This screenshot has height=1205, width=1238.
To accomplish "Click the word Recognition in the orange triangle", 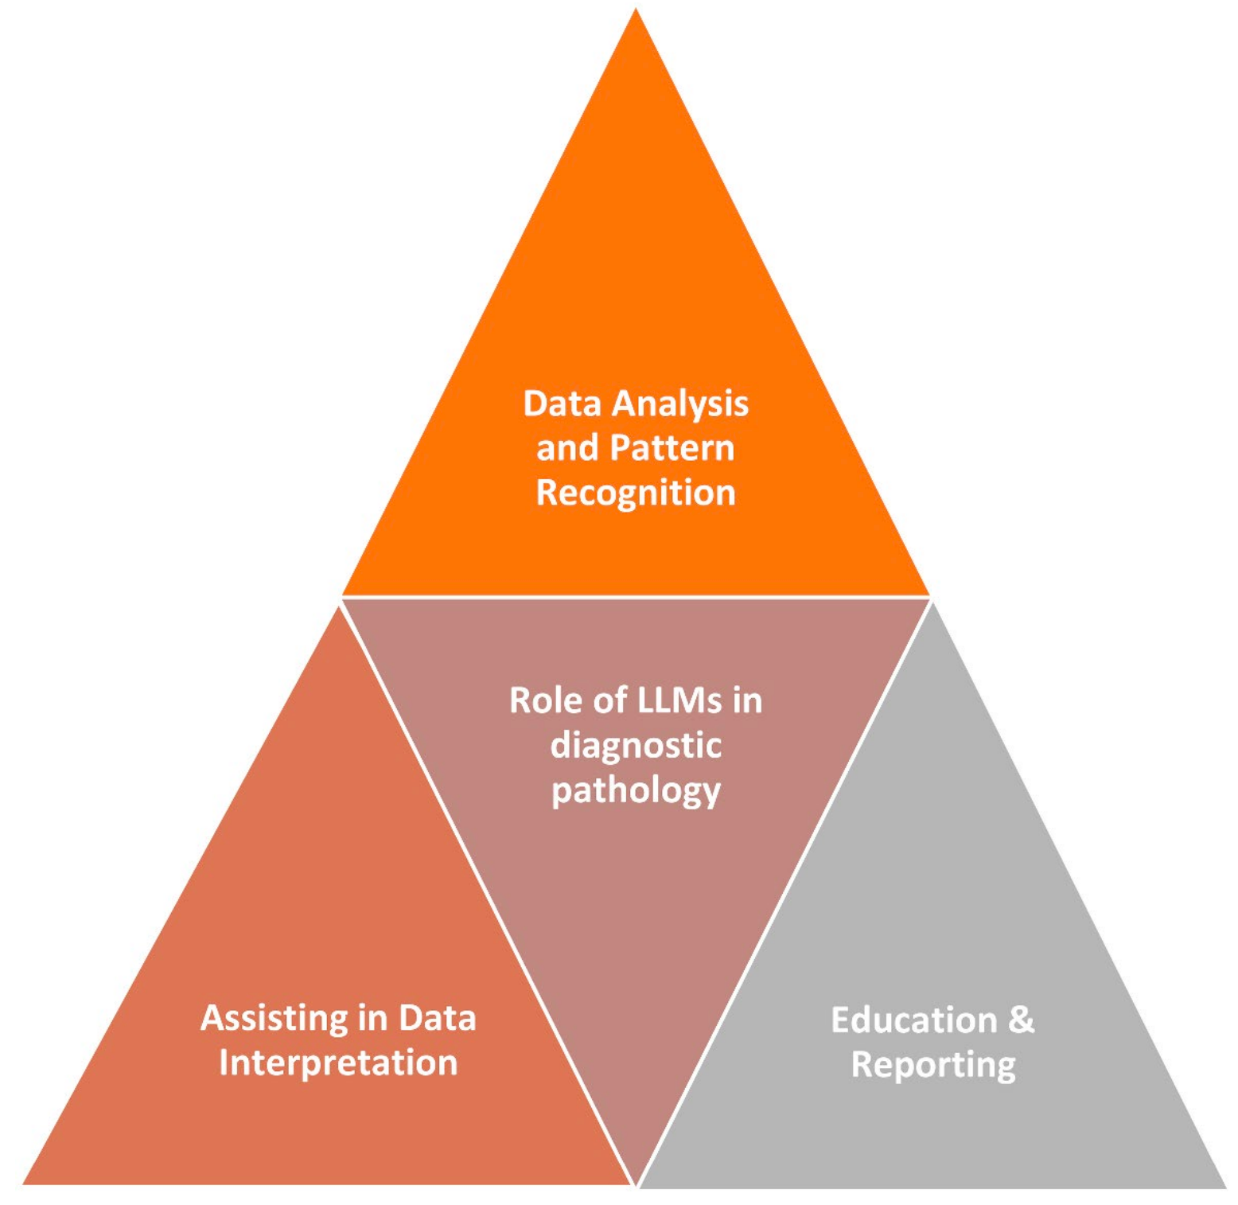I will click(635, 493).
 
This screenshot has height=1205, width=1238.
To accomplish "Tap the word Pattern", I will click(672, 448).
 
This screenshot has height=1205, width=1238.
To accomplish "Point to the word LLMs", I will click(679, 701).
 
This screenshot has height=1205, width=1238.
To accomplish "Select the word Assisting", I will click(274, 1018).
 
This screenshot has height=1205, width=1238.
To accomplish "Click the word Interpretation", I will click(338, 1063).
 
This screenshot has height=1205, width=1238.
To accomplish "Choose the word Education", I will click(913, 1020).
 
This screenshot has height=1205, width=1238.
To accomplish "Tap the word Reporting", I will click(933, 1066).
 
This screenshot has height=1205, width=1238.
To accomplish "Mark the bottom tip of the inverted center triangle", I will click(636, 1183).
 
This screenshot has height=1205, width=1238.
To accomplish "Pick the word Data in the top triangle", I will click(562, 404).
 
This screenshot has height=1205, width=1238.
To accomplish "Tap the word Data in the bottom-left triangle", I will click(437, 1018).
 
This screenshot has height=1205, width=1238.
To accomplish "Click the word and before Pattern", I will click(566, 448).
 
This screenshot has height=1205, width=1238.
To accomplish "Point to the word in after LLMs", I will click(747, 701).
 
